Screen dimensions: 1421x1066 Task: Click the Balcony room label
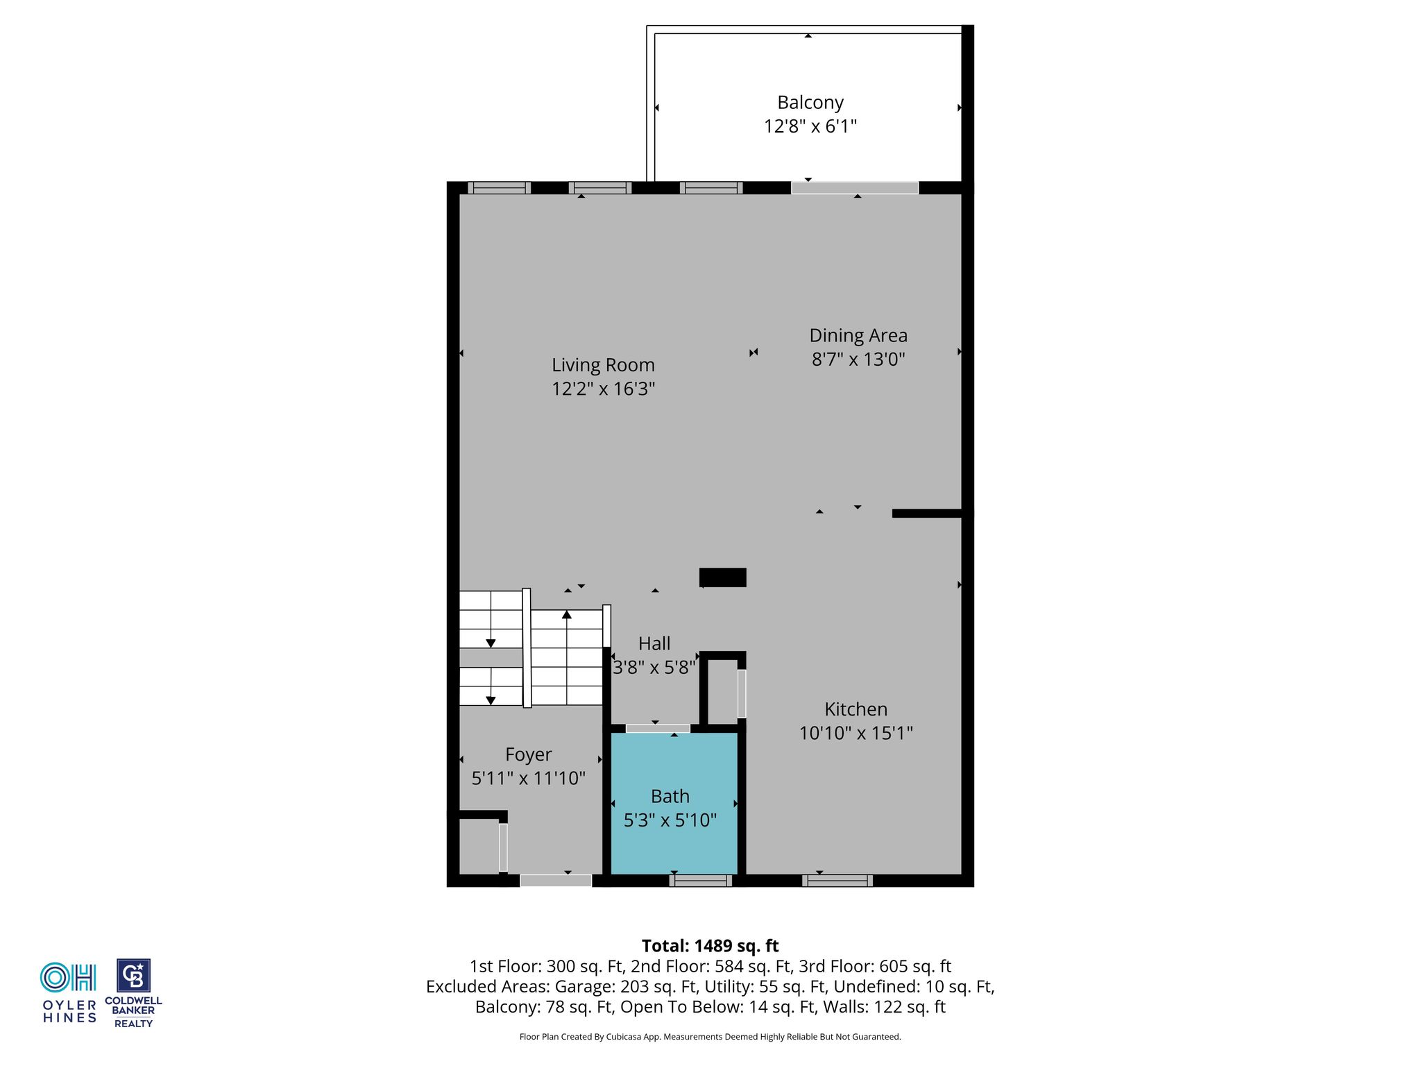[x=810, y=103]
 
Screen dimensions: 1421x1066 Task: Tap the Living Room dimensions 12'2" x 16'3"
[x=603, y=389]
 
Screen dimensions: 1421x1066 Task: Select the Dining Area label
[x=858, y=336]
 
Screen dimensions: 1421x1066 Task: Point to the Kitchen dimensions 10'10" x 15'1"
[x=856, y=733]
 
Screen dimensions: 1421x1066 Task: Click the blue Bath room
[x=673, y=803]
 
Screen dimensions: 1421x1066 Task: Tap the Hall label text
[x=654, y=643]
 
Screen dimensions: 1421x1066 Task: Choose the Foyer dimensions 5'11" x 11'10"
[x=528, y=778]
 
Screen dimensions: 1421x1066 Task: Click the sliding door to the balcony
[x=855, y=188]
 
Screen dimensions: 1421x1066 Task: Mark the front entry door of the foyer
[x=556, y=880]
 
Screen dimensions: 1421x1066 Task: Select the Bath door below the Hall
[x=658, y=728]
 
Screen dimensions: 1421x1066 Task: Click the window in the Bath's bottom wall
[x=701, y=881]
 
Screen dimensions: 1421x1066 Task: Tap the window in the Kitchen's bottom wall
[x=837, y=881]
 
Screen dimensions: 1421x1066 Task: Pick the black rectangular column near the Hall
[x=723, y=577]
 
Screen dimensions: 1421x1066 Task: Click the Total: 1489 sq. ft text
[x=710, y=946]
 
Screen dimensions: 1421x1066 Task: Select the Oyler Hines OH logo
[x=69, y=977]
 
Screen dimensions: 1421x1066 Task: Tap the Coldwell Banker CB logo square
[x=133, y=976]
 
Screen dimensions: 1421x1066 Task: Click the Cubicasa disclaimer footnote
[x=710, y=1037]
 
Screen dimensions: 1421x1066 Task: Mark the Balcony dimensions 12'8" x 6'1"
[x=810, y=126]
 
